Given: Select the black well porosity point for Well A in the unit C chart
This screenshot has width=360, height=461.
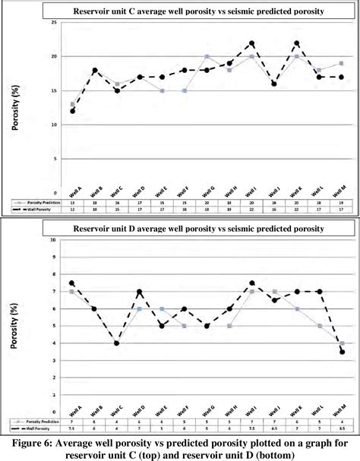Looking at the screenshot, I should (72, 111).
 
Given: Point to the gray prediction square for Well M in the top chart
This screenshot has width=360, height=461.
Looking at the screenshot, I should (342, 63).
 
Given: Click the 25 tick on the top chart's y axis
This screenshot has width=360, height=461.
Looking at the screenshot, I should (55, 22).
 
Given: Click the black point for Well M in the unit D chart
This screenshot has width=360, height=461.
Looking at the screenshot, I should (342, 352).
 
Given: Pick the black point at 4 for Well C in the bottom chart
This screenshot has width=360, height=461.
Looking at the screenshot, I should (117, 343).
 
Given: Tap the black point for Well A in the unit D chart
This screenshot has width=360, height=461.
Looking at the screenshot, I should (72, 283).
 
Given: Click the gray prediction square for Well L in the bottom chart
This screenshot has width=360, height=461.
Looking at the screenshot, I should (319, 326).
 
